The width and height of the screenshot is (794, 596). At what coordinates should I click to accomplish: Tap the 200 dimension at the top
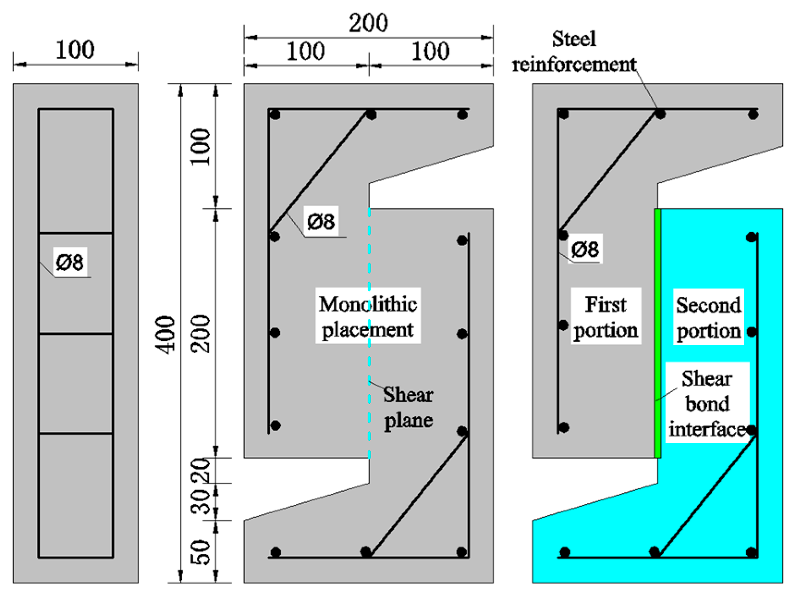[x=368, y=23]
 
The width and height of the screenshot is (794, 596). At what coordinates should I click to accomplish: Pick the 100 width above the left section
[x=75, y=50]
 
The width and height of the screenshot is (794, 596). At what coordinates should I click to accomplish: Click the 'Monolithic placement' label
[x=368, y=317]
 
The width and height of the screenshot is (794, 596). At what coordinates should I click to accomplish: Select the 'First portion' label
[x=605, y=317]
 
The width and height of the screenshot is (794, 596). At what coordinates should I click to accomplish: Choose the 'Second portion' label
[x=708, y=318]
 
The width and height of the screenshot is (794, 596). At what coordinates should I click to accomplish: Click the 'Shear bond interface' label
[x=707, y=404]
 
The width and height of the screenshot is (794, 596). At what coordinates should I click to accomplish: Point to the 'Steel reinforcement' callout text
[x=574, y=52]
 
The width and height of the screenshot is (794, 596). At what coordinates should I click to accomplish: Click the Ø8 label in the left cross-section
[x=70, y=263]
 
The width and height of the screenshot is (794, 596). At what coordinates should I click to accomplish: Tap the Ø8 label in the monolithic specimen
[x=321, y=222]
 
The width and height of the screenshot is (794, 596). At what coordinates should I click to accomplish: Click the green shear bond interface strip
[x=658, y=333]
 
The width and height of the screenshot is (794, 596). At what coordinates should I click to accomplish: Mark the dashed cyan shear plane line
[x=369, y=333]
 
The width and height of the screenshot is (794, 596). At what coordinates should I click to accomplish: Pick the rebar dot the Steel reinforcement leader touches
[x=660, y=114]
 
